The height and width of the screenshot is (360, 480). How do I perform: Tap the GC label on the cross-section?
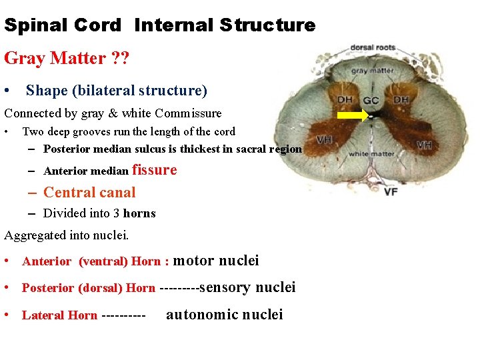click(371, 101)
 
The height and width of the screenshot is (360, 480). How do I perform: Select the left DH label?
click(345, 100)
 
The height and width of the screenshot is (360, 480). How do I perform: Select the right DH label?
click(401, 100)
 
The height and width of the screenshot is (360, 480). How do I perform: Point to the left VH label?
click(325, 140)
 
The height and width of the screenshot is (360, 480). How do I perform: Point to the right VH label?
click(425, 144)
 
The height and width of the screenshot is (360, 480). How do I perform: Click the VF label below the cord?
click(392, 192)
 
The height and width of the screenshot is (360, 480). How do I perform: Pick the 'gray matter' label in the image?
click(373, 71)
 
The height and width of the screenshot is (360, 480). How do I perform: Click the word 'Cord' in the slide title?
click(94, 26)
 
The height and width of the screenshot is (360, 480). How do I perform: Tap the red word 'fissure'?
click(155, 170)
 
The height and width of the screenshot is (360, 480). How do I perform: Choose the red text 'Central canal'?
click(89, 193)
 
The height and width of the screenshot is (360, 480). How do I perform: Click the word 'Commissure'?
click(189, 113)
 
